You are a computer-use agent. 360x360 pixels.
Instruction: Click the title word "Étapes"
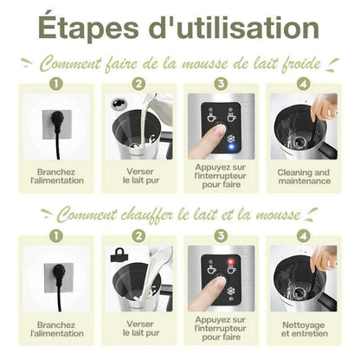tap(88, 27)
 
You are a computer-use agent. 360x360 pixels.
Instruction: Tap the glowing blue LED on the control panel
tap(231, 146)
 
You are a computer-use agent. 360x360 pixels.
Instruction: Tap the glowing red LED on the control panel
tap(231, 261)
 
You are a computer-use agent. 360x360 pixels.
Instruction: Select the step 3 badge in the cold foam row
tap(221, 84)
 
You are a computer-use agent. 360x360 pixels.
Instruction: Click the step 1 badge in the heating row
tap(56, 236)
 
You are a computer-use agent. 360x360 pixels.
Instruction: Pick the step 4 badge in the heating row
tap(304, 236)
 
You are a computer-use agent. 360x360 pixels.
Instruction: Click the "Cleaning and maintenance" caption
tap(304, 177)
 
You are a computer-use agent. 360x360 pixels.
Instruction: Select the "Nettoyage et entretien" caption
tap(304, 329)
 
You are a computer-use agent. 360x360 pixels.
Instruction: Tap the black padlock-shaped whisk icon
tap(119, 255)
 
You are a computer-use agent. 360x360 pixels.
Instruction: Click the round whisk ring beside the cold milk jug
tap(119, 103)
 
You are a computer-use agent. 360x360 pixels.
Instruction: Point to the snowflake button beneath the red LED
tap(231, 291)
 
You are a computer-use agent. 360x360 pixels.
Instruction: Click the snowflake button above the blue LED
tap(231, 138)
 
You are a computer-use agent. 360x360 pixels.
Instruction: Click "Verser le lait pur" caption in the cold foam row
tap(141, 176)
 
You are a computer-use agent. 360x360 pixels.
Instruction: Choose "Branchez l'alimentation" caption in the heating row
tap(57, 329)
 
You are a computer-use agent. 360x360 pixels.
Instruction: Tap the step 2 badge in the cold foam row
tap(138, 84)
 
